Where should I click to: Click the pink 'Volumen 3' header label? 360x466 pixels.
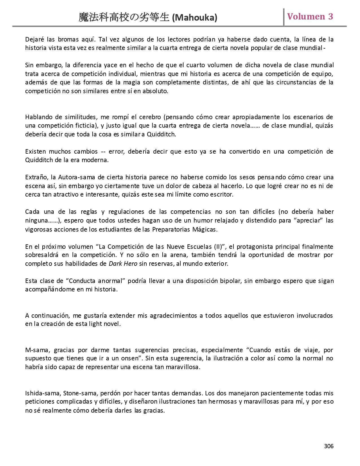pyautogui.click(x=310, y=17)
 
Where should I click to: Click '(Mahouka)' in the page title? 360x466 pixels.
pyautogui.click(x=195, y=18)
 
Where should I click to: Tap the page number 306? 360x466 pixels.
pyautogui.click(x=329, y=446)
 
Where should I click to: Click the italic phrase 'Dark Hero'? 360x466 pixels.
pyautogui.click(x=123, y=264)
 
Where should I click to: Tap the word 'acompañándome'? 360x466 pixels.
pyautogui.click(x=47, y=289)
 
